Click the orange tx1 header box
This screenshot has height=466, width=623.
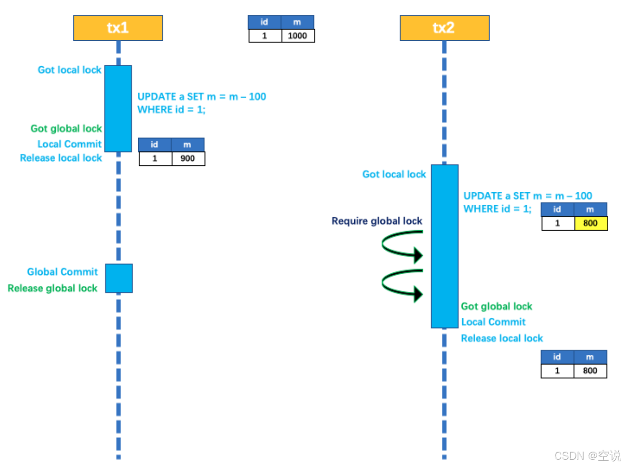(x=118, y=28)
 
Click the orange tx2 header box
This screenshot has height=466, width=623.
(x=444, y=28)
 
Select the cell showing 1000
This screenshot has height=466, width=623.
(x=298, y=36)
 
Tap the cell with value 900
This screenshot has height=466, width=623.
(x=188, y=159)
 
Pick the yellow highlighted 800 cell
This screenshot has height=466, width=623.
(x=590, y=223)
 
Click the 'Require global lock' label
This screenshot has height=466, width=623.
(x=377, y=221)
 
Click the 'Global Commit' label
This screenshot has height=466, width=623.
(x=62, y=272)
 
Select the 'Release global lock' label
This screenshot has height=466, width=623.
(x=52, y=288)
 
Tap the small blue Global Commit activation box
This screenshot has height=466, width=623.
(x=119, y=278)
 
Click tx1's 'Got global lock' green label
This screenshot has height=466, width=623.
(x=66, y=128)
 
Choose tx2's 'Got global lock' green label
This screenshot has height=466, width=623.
(x=496, y=306)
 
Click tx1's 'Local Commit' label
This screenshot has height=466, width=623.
(x=70, y=144)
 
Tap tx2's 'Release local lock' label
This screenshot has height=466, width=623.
(x=502, y=338)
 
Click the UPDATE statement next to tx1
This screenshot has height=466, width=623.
(x=201, y=103)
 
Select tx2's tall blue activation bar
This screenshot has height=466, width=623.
(x=444, y=246)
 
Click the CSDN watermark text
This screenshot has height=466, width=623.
(x=587, y=455)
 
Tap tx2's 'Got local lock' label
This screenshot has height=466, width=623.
(x=394, y=175)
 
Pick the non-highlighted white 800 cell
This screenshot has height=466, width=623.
(x=590, y=371)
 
